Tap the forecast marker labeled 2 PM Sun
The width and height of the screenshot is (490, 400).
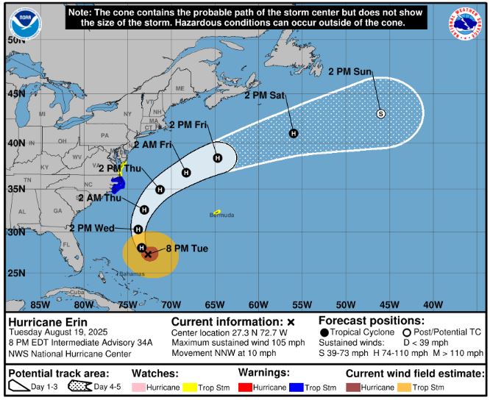(x=380, y=113)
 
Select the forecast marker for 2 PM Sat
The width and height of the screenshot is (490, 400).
(x=293, y=133)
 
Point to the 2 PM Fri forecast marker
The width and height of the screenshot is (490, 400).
(x=217, y=157)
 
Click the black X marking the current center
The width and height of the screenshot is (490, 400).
(x=148, y=254)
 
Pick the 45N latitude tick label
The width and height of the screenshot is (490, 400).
(x=16, y=94)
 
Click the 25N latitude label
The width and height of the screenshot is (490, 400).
(x=16, y=274)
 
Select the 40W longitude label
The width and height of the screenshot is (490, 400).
(x=433, y=304)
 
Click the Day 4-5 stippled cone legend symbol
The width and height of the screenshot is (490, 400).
(x=79, y=386)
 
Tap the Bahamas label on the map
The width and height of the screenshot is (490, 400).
(x=133, y=274)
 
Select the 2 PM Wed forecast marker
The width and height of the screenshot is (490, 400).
(x=138, y=229)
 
